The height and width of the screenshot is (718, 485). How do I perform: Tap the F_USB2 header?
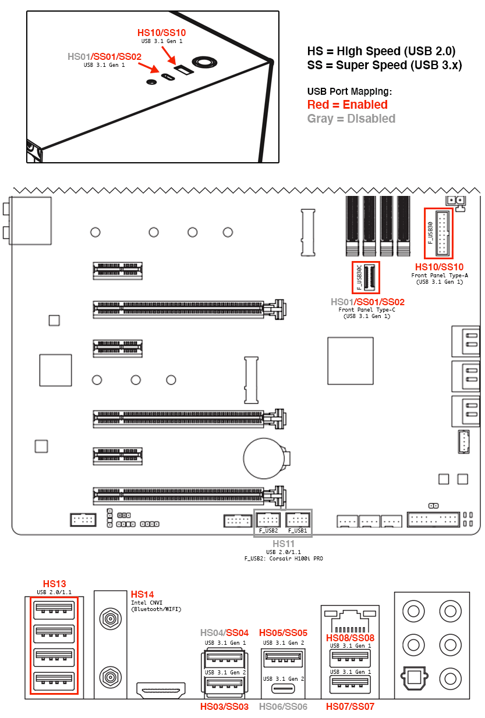point(268,520)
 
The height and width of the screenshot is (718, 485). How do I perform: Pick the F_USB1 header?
point(298,520)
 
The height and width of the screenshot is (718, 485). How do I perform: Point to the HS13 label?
point(54,583)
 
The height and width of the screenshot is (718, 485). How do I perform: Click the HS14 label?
point(142,594)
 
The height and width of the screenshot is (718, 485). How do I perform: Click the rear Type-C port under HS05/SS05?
point(283,688)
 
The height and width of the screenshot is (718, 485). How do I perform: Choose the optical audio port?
point(414,678)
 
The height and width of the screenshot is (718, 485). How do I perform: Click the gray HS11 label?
point(283,544)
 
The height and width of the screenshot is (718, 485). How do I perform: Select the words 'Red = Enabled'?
point(347,105)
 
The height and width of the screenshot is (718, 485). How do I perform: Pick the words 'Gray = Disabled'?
point(351,119)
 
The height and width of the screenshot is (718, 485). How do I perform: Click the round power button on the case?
point(204,62)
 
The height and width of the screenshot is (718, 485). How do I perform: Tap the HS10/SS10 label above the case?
point(161,33)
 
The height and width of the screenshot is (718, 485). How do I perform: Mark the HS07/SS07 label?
point(350,706)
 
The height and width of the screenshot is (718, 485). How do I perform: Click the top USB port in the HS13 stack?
point(54,609)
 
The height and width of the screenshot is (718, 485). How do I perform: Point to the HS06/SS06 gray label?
point(283,706)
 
